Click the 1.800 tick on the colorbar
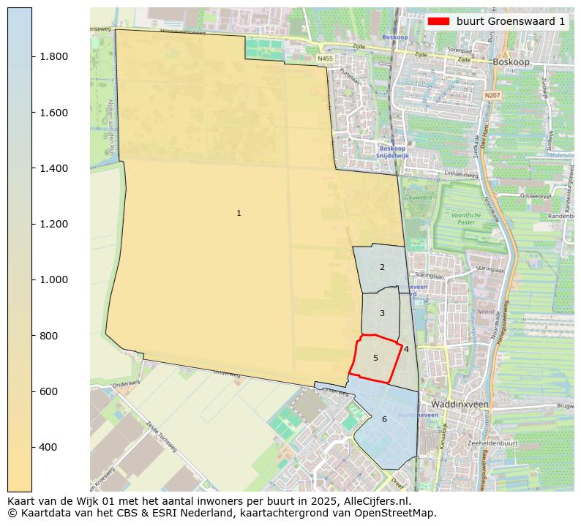[53, 57]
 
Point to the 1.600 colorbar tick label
[53, 113]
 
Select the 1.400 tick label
[53, 168]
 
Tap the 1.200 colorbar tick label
[53, 224]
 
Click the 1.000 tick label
[53, 279]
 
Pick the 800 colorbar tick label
[49, 336]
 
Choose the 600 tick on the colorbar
[49, 391]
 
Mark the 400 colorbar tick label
[49, 447]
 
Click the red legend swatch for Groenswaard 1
[439, 21]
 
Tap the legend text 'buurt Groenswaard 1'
[511, 21]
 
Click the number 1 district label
[239, 213]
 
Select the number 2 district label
[382, 267]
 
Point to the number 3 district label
[382, 313]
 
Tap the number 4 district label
[406, 349]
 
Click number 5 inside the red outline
[375, 358]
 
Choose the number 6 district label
[384, 419]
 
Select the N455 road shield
[325, 59]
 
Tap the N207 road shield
[493, 95]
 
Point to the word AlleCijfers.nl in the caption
[376, 502]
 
